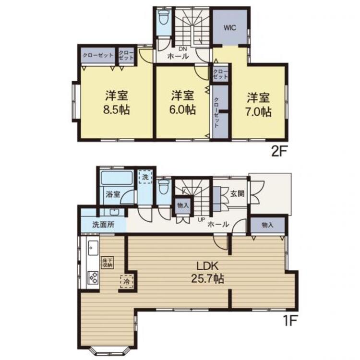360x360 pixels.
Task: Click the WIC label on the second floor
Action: pyautogui.click(x=230, y=27)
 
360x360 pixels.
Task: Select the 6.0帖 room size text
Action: pyautogui.click(x=182, y=109)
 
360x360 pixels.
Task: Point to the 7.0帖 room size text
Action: pyautogui.click(x=259, y=112)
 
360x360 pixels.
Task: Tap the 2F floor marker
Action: pyautogui.click(x=279, y=152)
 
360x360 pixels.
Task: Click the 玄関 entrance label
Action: pyautogui.click(x=237, y=194)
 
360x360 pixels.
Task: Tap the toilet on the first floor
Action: pyautogui.click(x=164, y=186)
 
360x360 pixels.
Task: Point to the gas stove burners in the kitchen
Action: pyautogui.click(x=92, y=278)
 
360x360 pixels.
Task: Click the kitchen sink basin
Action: pyautogui.click(x=92, y=248)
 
